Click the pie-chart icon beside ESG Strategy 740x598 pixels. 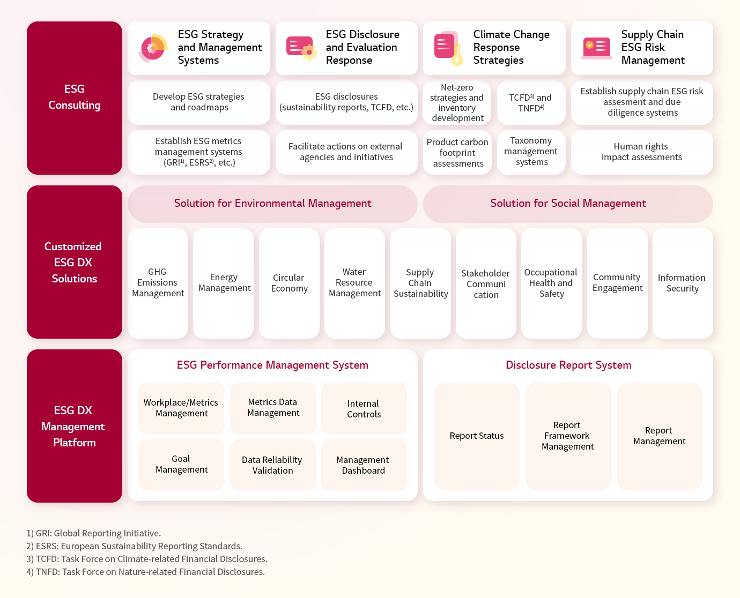[x=153, y=48]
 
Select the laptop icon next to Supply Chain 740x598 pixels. [x=596, y=48]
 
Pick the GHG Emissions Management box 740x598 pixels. [x=158, y=283]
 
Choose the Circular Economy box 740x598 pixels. [x=289, y=283]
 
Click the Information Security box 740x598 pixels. [x=683, y=283]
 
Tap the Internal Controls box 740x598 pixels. [x=364, y=408]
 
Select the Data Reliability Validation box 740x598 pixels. [x=273, y=465]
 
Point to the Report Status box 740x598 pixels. [x=477, y=436]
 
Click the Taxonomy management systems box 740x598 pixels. [x=531, y=152]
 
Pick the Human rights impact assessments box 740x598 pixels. [x=642, y=152]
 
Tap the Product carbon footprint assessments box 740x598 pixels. [x=457, y=152]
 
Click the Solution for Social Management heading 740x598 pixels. [x=568, y=204]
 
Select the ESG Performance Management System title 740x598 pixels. [x=272, y=365]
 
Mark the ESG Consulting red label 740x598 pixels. [x=75, y=98]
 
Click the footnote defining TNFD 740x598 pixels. [x=145, y=572]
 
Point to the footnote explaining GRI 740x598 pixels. [x=93, y=533]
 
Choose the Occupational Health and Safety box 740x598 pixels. [x=551, y=283]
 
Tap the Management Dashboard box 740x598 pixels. [x=364, y=465]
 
